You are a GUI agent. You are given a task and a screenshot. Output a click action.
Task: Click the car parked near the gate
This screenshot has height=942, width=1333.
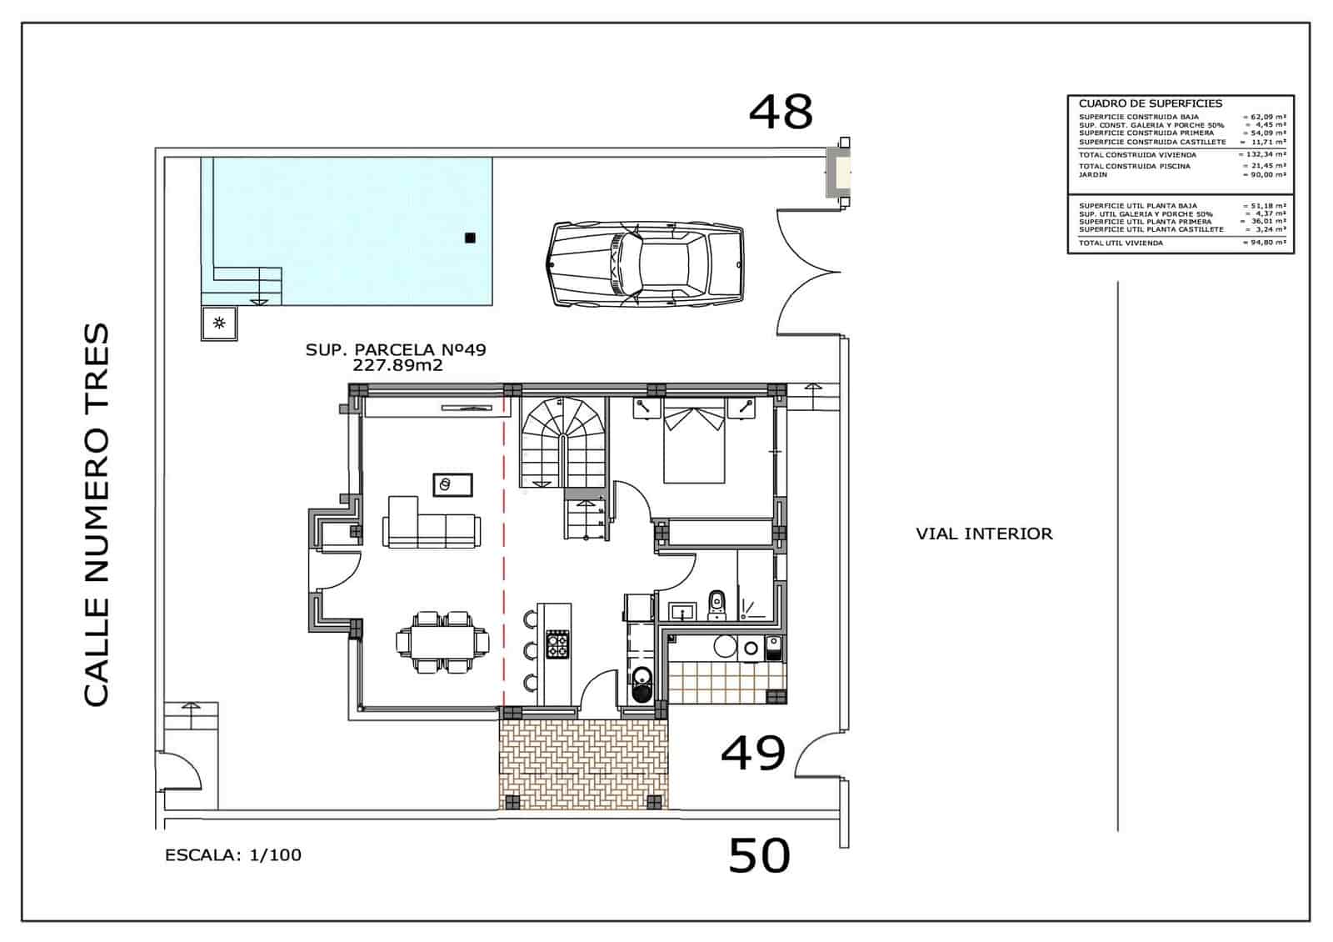(x=646, y=265)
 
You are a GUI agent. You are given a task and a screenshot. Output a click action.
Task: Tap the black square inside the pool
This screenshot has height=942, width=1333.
(x=470, y=238)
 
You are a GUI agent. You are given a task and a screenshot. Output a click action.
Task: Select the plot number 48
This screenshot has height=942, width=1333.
(x=780, y=112)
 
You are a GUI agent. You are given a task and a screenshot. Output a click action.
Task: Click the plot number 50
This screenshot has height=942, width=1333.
(x=759, y=856)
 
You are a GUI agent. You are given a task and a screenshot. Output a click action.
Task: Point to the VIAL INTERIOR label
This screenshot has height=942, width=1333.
(x=984, y=534)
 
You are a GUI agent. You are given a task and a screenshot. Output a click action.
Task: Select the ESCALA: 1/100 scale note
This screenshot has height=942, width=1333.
(x=233, y=854)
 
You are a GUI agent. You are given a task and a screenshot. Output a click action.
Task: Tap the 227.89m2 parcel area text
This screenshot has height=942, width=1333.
(x=397, y=365)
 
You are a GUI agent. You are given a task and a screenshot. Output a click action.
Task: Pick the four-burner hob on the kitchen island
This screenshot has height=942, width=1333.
(x=557, y=644)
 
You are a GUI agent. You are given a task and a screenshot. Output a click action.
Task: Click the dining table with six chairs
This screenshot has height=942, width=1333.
(x=443, y=642)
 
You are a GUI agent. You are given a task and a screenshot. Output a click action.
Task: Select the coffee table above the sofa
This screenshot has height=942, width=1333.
(x=452, y=484)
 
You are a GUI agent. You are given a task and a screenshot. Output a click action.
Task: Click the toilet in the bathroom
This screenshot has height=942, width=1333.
(x=716, y=604)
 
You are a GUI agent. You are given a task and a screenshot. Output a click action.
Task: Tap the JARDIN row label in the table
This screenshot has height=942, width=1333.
(x=1092, y=175)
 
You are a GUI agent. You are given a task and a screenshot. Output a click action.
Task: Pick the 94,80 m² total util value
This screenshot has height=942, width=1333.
(x=1265, y=243)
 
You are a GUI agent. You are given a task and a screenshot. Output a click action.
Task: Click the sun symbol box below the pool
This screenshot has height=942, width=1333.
(x=219, y=323)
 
